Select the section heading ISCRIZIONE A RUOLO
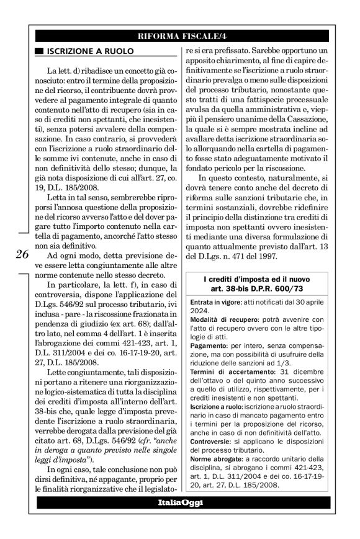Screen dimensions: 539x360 [80, 52]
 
